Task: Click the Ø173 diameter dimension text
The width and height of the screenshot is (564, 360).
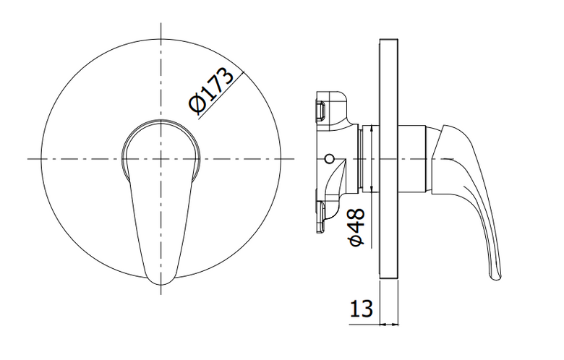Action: click(x=211, y=90)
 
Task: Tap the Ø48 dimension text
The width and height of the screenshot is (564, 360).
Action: click(x=356, y=227)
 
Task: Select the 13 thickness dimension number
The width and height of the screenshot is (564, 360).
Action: click(x=362, y=309)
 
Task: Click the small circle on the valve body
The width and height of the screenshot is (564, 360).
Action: click(x=329, y=158)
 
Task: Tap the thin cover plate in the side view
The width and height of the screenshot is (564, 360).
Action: click(x=388, y=158)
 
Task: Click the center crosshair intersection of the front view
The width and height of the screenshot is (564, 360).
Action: click(x=161, y=158)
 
